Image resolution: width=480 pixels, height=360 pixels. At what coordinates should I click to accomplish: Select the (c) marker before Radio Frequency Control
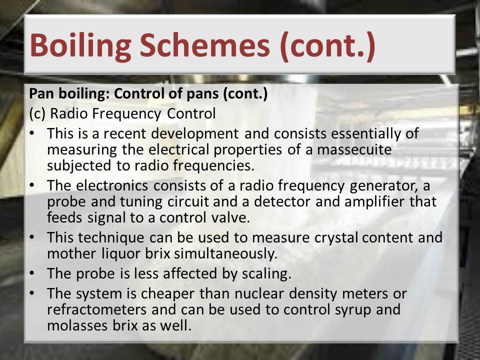click(37, 113)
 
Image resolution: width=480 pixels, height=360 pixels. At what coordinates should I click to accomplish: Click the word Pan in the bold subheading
click(41, 93)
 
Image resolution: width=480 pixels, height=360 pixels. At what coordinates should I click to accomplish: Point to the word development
click(194, 134)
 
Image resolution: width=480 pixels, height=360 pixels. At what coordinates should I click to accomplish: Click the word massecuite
click(354, 149)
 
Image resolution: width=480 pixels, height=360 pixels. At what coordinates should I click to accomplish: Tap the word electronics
click(112, 186)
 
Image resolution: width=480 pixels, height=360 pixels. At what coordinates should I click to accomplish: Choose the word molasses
click(77, 325)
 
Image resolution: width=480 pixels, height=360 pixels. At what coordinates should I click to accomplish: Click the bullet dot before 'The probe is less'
click(31, 273)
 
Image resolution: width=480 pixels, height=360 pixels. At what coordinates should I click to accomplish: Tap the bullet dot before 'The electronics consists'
click(31, 185)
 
